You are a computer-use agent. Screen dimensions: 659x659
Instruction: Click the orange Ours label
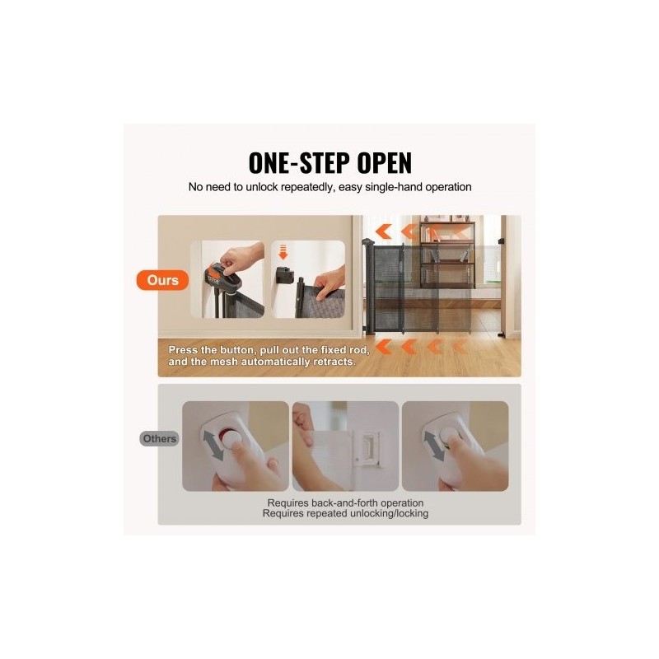(162, 280)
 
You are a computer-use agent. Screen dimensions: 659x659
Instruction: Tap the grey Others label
(159, 439)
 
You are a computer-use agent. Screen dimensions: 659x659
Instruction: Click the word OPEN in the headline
(384, 162)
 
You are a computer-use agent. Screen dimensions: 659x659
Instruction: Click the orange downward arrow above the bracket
(283, 251)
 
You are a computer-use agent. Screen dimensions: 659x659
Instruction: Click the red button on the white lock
(227, 433)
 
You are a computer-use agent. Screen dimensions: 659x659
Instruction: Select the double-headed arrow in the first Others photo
(214, 446)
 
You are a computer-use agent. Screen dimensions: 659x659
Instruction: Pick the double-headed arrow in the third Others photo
(434, 446)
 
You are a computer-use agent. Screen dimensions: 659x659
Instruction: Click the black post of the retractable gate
(369, 286)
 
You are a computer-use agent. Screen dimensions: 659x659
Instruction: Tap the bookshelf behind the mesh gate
(447, 254)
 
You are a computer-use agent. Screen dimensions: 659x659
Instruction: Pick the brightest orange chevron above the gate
(383, 231)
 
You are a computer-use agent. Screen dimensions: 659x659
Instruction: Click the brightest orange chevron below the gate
(383, 347)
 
